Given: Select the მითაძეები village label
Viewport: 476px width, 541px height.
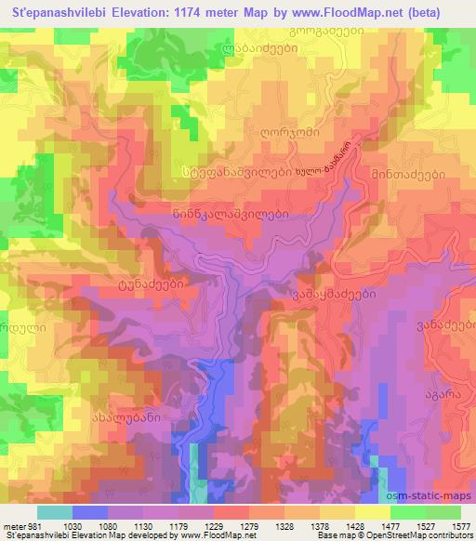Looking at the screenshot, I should [410, 174].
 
